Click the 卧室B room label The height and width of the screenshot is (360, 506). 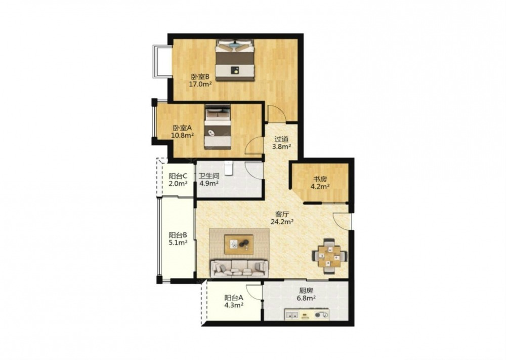pos(200,77)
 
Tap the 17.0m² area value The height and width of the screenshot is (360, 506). pos(200,85)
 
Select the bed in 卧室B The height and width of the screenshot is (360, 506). pos(235,60)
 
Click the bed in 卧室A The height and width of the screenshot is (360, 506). pos(218,127)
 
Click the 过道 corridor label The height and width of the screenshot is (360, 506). pos(281,139)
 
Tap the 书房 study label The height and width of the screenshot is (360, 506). pos(320,179)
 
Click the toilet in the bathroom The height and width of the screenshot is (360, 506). pos(229,168)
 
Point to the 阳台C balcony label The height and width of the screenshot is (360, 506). pos(178,176)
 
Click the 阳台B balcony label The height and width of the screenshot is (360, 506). pos(178,235)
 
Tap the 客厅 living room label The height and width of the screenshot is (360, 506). pos(282,214)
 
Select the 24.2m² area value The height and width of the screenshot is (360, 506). pos(282,222)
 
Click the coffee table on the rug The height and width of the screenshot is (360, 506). pos(239,245)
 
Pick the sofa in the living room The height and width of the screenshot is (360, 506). pos(239,269)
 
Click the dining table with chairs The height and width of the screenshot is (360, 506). pos(329,256)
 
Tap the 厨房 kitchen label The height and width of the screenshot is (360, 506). pos(306,291)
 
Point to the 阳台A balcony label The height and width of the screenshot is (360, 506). pos(234,297)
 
